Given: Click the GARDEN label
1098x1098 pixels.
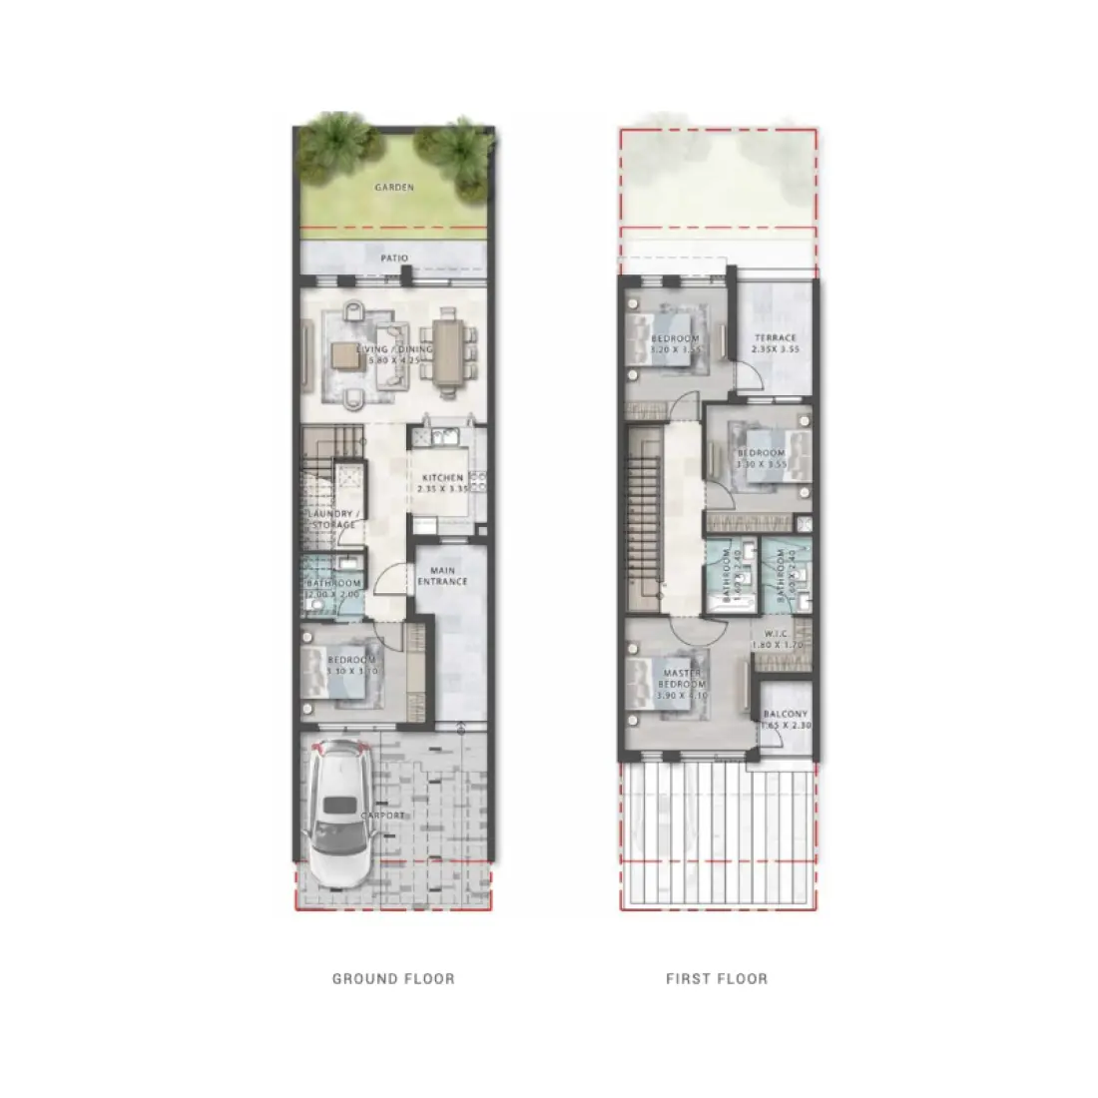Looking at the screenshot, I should (x=394, y=187).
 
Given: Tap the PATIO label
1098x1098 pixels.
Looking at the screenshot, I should (x=394, y=259).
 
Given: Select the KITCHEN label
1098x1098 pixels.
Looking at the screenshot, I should (x=442, y=478).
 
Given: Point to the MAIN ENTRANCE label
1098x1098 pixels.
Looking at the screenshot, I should (x=442, y=576).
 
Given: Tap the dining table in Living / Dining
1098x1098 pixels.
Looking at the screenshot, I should (x=448, y=350).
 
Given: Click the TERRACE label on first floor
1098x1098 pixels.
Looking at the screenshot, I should (x=776, y=338).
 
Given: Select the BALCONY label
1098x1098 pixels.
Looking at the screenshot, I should (x=786, y=715).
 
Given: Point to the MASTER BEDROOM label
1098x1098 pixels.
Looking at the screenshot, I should (x=684, y=680).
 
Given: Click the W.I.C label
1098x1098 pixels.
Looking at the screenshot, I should (x=778, y=635).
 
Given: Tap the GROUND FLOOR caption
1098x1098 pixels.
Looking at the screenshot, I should (x=393, y=979).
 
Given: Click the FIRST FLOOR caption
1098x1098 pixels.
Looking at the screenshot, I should (x=717, y=979).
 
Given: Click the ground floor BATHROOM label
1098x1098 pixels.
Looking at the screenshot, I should (x=333, y=583).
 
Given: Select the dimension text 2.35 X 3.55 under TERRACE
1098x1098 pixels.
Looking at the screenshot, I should (x=776, y=350).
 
